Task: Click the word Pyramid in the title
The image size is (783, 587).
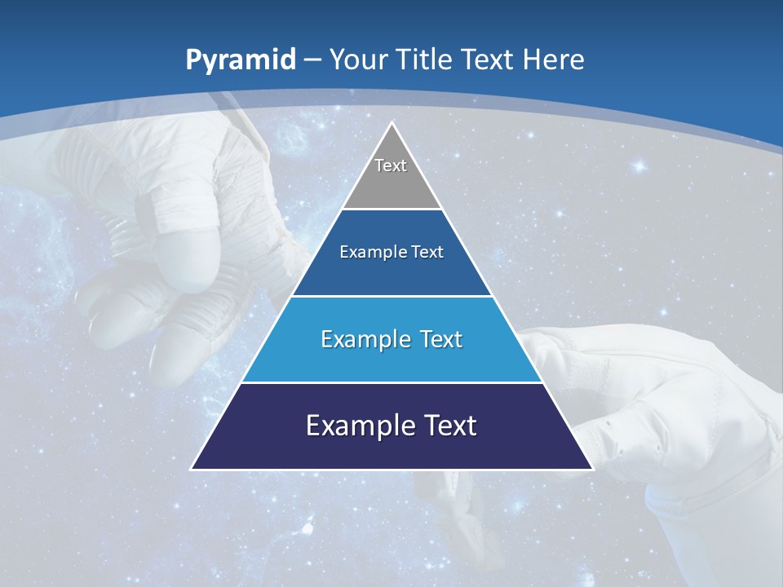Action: [240, 60]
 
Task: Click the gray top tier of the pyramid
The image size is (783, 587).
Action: [391, 175]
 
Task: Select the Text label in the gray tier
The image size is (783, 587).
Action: [391, 166]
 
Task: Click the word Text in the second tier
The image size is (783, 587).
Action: [427, 252]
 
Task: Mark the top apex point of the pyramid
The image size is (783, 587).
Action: [391, 123]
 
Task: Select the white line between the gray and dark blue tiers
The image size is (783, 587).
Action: [391, 210]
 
